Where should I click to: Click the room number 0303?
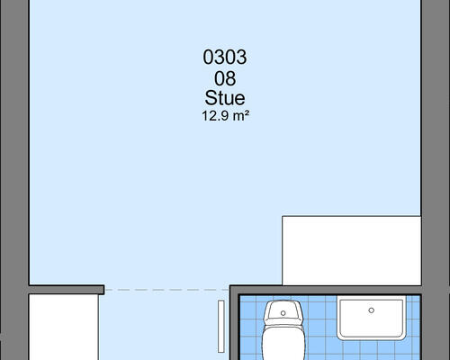pos(225,57)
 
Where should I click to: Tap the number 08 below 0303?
pos(225,78)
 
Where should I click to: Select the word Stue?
pos(225,98)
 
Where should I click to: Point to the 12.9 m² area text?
pos(226,116)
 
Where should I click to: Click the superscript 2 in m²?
pos(247,113)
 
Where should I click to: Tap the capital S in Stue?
pos(211,98)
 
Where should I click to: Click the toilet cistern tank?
pos(283,311)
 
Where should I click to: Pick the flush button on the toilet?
pos(283,313)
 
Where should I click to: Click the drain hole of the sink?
pos(372,310)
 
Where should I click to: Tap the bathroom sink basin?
pos(371,318)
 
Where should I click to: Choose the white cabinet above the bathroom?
pos(352,250)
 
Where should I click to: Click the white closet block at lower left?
pos(64,327)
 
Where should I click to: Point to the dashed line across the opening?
pos(166,290)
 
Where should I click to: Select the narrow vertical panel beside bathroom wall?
pos(221,327)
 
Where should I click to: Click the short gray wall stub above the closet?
pos(67,290)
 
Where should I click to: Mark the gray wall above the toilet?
pos(326,290)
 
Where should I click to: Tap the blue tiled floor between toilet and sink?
pos(321,330)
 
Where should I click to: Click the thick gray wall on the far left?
pos(14,180)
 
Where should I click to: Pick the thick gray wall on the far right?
pos(436,180)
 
